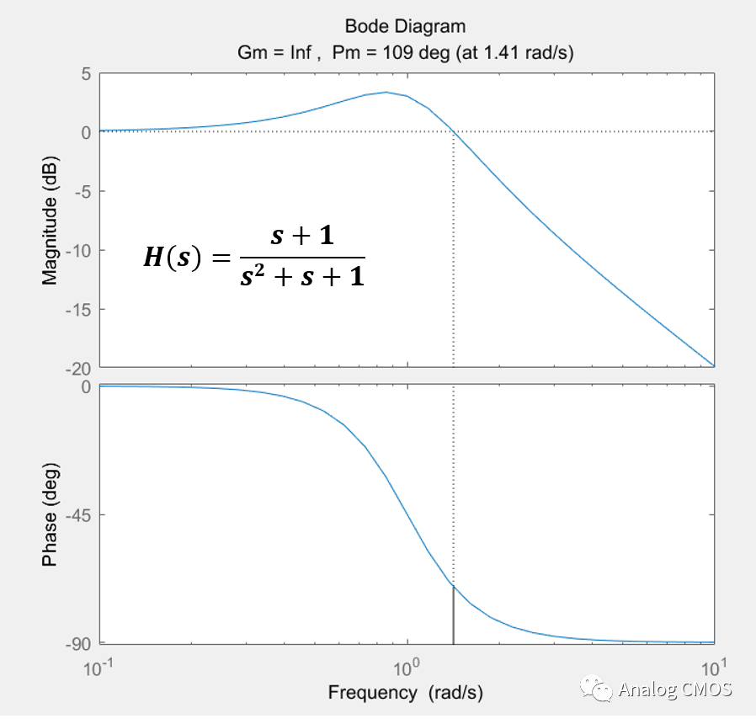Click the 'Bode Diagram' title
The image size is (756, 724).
pyautogui.click(x=405, y=28)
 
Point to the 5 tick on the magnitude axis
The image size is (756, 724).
pyautogui.click(x=85, y=73)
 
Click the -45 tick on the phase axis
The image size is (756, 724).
pyautogui.click(x=77, y=514)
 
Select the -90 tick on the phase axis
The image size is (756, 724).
pyautogui.click(x=77, y=644)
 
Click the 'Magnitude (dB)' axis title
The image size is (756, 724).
pyautogui.click(x=50, y=221)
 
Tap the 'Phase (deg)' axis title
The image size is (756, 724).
pyautogui.click(x=50, y=514)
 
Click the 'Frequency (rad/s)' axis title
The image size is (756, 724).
pyautogui.click(x=406, y=693)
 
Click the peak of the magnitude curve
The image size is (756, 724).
pyautogui.click(x=386, y=93)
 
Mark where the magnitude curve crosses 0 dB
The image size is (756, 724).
pyautogui.click(x=454, y=131)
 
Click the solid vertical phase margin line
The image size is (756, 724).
pyautogui.click(x=454, y=615)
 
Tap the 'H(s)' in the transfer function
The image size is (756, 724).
pyautogui.click(x=173, y=258)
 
